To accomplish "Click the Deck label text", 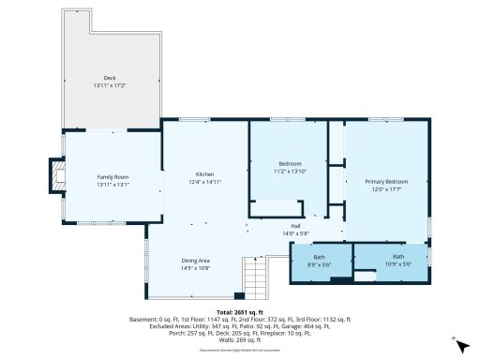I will tap(110, 78).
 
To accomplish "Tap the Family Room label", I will tap(112, 176).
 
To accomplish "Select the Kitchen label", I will tap(204, 174).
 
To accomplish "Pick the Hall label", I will tap(295, 225).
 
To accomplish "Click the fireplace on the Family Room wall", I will tap(58, 175).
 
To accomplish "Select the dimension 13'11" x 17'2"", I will tap(110, 86).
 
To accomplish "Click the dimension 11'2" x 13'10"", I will tap(290, 172).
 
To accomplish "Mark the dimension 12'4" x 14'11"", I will tap(204, 182).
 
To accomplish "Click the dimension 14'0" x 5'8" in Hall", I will tap(295, 232).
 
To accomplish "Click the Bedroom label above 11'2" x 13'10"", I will tap(290, 163).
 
